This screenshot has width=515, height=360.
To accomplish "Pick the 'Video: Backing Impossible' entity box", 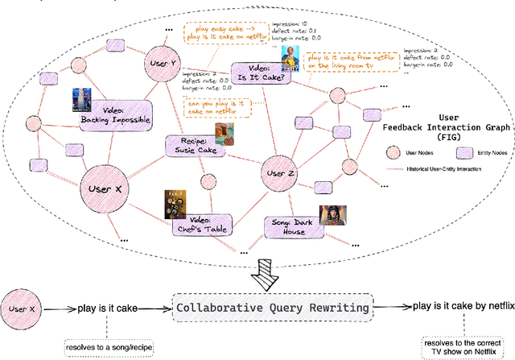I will tap(116, 116).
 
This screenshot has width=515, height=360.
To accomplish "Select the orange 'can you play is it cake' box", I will tap(214, 107).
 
